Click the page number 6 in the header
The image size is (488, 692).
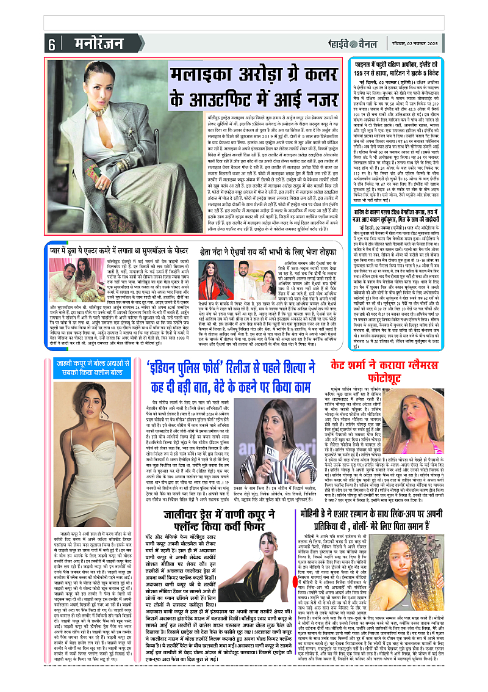click(x=52, y=45)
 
